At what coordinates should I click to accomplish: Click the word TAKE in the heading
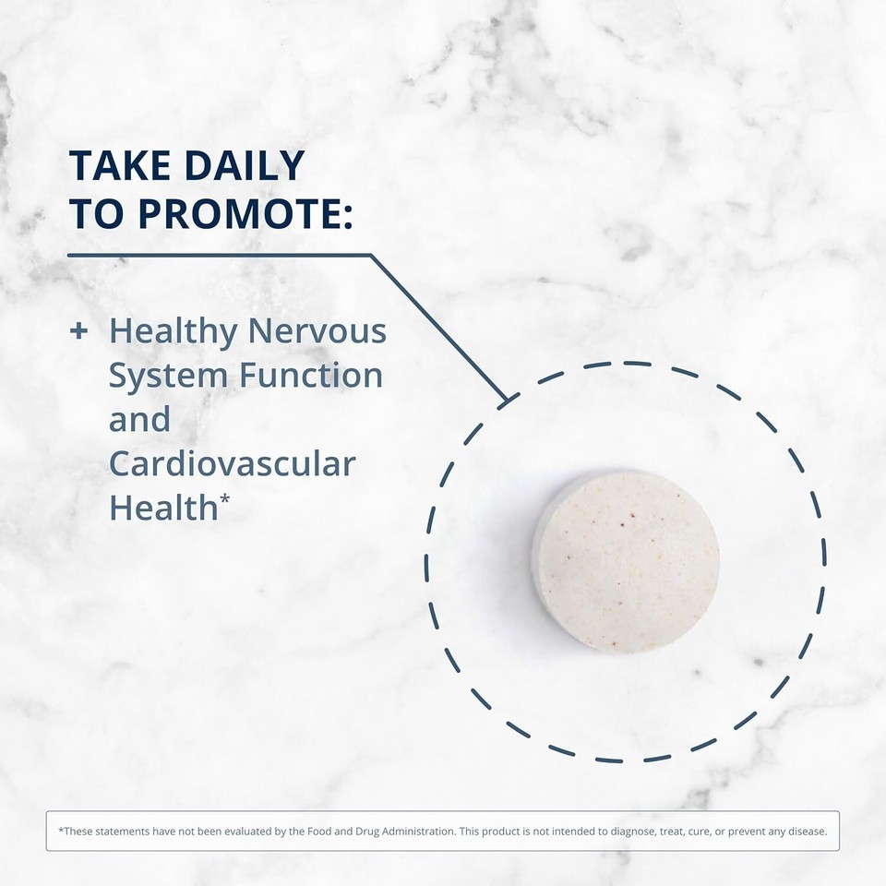click(x=120, y=165)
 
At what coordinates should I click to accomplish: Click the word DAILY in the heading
click(x=245, y=165)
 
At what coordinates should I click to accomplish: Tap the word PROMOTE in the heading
click(x=238, y=213)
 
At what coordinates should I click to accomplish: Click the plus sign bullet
click(x=78, y=330)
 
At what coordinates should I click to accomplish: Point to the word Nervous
click(x=317, y=330)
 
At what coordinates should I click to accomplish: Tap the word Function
click(x=311, y=375)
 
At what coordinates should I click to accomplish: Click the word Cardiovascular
click(x=233, y=463)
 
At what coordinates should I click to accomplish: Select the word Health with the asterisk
click(x=170, y=507)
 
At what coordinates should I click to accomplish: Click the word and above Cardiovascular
click(x=139, y=419)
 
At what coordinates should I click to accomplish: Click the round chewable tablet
click(x=626, y=562)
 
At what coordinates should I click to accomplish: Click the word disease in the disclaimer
click(x=809, y=832)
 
